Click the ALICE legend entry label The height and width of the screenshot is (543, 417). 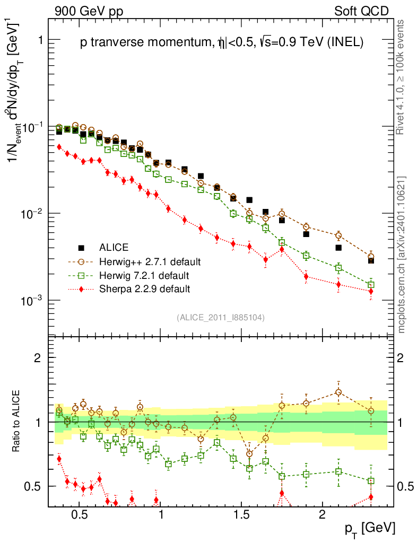click(x=114, y=247)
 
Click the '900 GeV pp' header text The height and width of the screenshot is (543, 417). click(x=88, y=11)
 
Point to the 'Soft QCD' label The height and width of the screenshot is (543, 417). click(x=361, y=11)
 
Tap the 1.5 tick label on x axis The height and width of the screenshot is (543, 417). click(x=241, y=515)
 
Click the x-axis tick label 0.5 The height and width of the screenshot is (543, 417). click(x=79, y=515)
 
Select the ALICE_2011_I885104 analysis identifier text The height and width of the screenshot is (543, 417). click(x=221, y=318)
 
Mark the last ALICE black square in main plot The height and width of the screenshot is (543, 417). click(x=371, y=260)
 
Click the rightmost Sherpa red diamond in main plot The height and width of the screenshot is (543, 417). click(x=371, y=292)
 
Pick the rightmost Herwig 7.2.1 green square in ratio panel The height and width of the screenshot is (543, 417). click(x=371, y=481)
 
